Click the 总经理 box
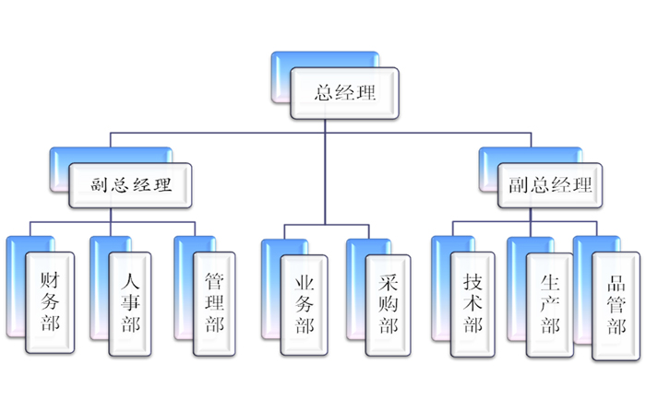coord(346,93)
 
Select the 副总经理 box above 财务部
coord(131,184)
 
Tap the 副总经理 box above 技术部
coord(550,184)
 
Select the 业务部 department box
coord(305,302)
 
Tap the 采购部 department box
coord(389,302)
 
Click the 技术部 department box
coord(473,302)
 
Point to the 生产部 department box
coord(550,302)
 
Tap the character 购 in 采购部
coord(389,303)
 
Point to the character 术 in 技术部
coord(473,303)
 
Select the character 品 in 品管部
coord(616,282)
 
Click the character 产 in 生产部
coord(550,303)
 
